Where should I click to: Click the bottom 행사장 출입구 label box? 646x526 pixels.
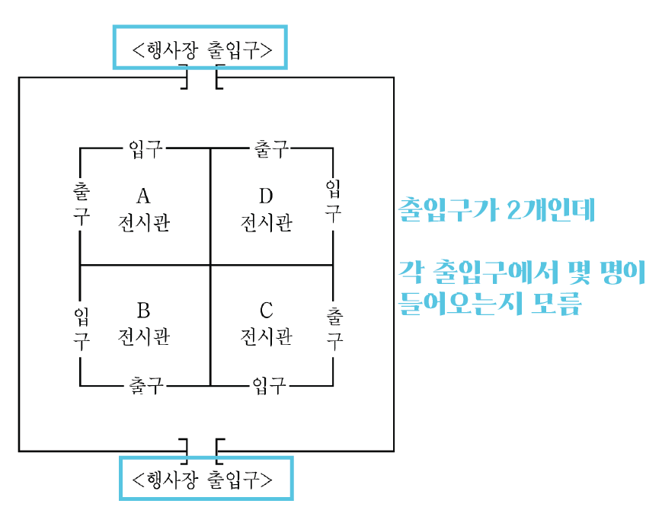[206, 479]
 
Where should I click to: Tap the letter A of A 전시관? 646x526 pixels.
[143, 197]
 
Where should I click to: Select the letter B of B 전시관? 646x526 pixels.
[143, 310]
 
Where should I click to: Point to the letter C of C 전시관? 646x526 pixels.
[266, 310]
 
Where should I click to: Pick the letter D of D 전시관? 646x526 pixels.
[266, 197]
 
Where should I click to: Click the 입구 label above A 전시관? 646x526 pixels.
[144, 148]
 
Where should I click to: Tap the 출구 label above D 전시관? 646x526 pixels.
[270, 148]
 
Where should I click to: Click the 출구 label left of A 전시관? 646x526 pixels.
[81, 202]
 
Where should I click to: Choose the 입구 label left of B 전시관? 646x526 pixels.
[81, 327]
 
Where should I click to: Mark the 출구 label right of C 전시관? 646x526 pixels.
[333, 327]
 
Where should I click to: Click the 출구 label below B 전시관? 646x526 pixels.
[145, 385]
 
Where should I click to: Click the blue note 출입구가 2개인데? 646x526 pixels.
[496, 210]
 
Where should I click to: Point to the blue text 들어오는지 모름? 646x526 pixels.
[490, 304]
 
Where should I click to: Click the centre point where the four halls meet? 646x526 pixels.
[210, 265]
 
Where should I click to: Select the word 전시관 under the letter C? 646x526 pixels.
[266, 336]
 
